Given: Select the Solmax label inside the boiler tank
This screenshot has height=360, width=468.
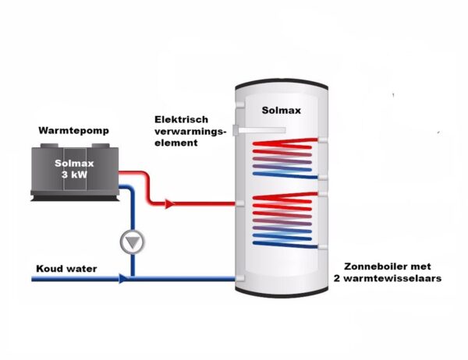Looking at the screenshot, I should click(x=281, y=111).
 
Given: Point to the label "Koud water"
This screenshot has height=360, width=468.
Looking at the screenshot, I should click(x=66, y=270).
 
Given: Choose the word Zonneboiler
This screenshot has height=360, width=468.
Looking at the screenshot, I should click(x=371, y=265).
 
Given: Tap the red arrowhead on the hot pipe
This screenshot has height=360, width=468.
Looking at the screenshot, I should click(x=170, y=204).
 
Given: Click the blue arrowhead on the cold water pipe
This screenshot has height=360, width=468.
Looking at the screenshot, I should click(x=122, y=278).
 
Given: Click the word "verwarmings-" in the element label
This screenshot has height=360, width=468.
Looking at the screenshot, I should click(x=190, y=132).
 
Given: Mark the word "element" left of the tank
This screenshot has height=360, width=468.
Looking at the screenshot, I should click(x=175, y=144).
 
